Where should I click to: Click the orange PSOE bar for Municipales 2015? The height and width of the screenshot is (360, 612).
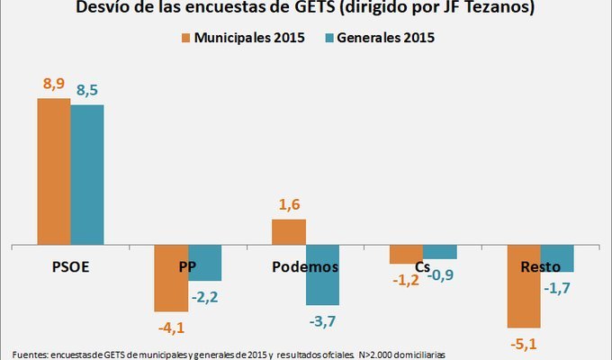[53, 171]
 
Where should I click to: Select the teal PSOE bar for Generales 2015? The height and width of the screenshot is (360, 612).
[87, 175]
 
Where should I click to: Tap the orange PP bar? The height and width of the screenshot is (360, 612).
[171, 277]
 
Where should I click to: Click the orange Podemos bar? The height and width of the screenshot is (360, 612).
[289, 231]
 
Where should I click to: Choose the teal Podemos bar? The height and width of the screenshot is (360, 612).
[322, 274]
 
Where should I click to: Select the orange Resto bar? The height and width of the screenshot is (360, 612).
[524, 286]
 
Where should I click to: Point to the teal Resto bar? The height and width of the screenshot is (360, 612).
[557, 258]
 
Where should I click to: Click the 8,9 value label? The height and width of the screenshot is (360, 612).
[54, 84]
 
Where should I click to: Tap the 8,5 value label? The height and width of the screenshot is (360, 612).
[88, 91]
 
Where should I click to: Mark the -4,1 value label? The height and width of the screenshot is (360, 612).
[170, 326]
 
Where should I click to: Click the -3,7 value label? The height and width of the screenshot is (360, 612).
[322, 320]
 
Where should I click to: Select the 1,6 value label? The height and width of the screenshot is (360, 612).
[289, 204]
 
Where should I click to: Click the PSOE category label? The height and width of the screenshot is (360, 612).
[70, 267]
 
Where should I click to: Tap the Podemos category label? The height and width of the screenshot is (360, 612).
[305, 267]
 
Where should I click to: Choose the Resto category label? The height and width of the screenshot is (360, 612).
[540, 267]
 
